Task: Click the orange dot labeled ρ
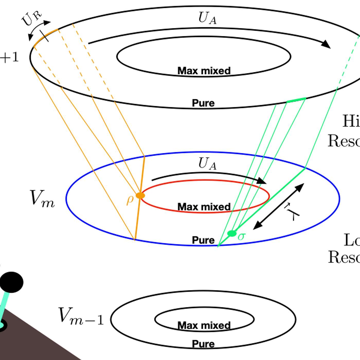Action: tap(140, 195)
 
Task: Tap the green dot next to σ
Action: tap(232, 233)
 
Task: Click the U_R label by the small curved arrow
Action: tap(32, 19)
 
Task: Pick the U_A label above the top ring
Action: tap(207, 18)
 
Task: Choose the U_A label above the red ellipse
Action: tap(207, 164)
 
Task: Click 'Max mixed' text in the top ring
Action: tap(204, 71)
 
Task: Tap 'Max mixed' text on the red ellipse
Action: tap(204, 207)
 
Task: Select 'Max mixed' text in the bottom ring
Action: tap(204, 326)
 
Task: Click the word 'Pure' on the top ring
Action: tap(203, 103)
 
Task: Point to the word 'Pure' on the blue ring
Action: tap(203, 240)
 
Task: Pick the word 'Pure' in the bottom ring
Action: tap(203, 344)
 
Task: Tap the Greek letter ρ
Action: tap(130, 200)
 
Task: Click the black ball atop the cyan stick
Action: tap(11, 282)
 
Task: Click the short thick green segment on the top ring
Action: tap(296, 100)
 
